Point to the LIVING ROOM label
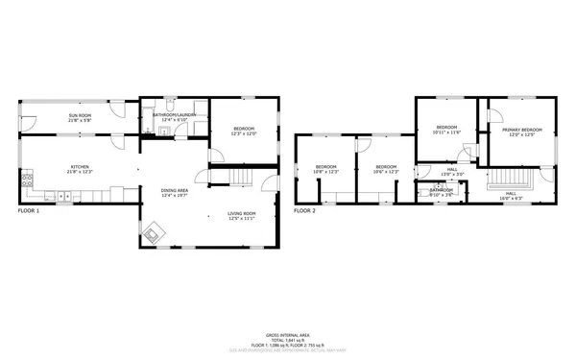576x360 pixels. coord(241,213)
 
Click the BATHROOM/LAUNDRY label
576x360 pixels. coord(174,115)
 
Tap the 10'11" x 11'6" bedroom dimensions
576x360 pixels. coord(448,132)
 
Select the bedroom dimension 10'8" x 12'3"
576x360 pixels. coord(327,172)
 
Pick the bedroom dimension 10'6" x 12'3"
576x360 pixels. coord(386,172)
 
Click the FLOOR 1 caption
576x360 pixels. coord(30,209)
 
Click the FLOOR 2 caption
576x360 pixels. coord(304,209)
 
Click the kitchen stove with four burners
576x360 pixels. coord(28,180)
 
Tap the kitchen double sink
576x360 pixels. coord(64,196)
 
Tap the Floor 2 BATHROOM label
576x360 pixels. coord(442,190)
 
